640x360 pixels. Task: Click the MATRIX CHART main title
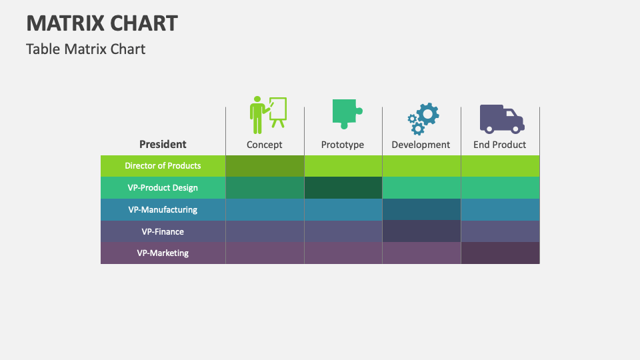click(102, 23)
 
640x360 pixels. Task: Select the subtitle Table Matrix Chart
click(85, 49)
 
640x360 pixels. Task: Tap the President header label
click(163, 144)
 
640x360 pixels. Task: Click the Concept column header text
click(265, 145)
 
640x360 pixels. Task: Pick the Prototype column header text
click(343, 145)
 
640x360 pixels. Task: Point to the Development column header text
click(421, 145)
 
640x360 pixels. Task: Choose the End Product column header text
click(499, 145)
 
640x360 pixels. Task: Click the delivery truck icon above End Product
click(501, 118)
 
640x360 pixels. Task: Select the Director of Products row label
click(163, 166)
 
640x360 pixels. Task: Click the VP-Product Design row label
click(163, 188)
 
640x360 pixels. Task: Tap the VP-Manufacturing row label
click(163, 210)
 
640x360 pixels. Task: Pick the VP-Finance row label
click(163, 232)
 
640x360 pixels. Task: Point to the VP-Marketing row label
click(163, 253)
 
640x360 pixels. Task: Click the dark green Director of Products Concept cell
click(265, 166)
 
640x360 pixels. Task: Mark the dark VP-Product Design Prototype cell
click(343, 188)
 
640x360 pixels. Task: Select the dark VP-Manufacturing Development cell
click(421, 209)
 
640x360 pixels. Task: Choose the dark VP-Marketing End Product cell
click(500, 253)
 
